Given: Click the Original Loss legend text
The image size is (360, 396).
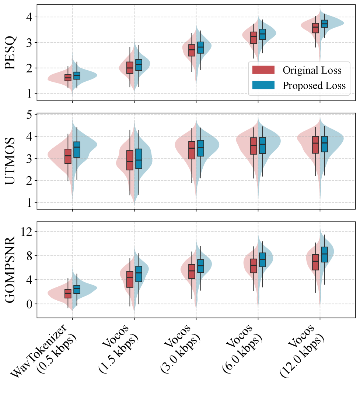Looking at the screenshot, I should coord(312,70).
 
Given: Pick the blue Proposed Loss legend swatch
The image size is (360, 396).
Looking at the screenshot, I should coord(263,85).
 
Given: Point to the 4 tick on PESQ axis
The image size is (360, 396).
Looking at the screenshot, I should coord(29,17).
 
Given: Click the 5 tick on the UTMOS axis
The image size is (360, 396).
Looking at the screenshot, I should coord(29,114).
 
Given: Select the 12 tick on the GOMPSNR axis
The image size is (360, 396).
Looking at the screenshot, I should coord(27,231).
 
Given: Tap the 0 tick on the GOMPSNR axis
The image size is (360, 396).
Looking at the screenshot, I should coord(29,304).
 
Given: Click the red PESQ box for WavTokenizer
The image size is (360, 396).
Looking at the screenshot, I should coord(68,78).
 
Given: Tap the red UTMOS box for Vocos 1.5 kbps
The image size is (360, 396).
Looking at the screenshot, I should coord(130,160).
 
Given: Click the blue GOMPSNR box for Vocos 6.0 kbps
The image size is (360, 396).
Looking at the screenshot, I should coord(262,260).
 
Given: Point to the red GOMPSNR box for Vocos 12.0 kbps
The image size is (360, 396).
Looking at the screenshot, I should coord(315,262).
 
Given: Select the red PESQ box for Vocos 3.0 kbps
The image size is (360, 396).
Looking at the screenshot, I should coord(192,50).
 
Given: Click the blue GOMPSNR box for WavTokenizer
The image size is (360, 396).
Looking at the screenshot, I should coord(77,289).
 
